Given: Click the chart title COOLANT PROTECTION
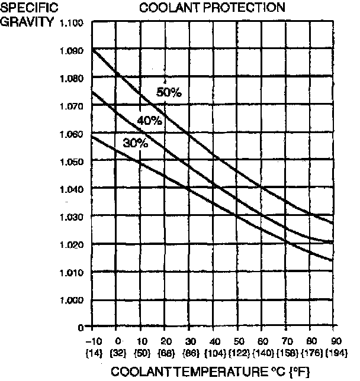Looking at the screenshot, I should click(212, 8).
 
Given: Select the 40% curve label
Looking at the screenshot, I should click(149, 121).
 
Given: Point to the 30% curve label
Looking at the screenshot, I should click(135, 143).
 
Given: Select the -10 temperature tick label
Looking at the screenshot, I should click(93, 342).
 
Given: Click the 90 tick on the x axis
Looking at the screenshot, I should click(335, 342).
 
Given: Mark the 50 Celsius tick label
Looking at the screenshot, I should click(237, 342).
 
